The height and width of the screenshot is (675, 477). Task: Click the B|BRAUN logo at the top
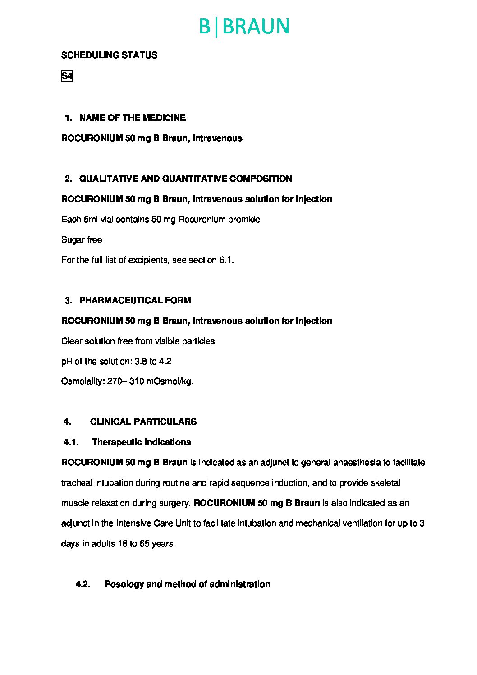click(244, 27)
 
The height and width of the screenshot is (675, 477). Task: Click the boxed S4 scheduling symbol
click(67, 76)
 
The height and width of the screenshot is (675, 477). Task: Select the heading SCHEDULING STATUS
click(109, 55)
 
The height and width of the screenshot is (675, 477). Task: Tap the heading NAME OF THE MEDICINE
click(132, 118)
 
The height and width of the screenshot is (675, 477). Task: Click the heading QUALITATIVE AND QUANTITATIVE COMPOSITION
click(185, 179)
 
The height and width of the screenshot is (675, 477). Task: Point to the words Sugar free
click(82, 239)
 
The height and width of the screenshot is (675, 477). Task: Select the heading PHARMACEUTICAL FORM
click(135, 300)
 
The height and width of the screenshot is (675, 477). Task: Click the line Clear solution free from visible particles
click(138, 341)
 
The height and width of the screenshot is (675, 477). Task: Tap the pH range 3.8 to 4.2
click(153, 361)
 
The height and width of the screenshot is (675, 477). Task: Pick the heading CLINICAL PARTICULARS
click(143, 422)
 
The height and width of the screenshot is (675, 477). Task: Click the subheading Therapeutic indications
click(141, 442)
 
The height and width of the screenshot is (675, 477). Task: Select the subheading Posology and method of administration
click(187, 584)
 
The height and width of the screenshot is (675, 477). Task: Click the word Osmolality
click(82, 381)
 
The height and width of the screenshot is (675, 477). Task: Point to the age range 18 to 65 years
click(146, 543)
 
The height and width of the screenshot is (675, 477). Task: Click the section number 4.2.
click(83, 584)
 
